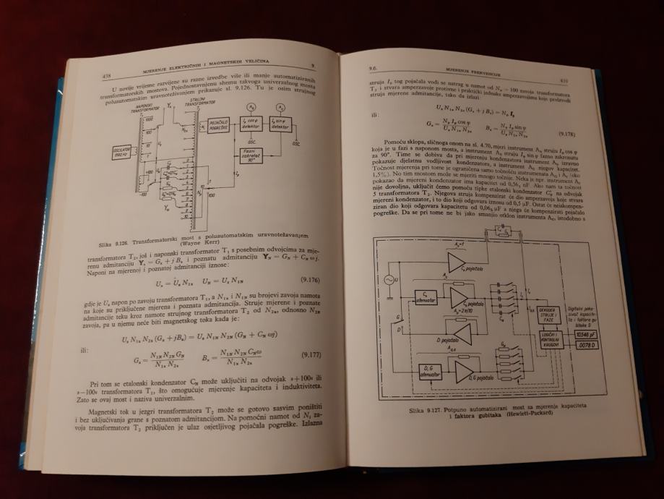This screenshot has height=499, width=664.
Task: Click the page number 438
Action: click(x=107, y=76)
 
